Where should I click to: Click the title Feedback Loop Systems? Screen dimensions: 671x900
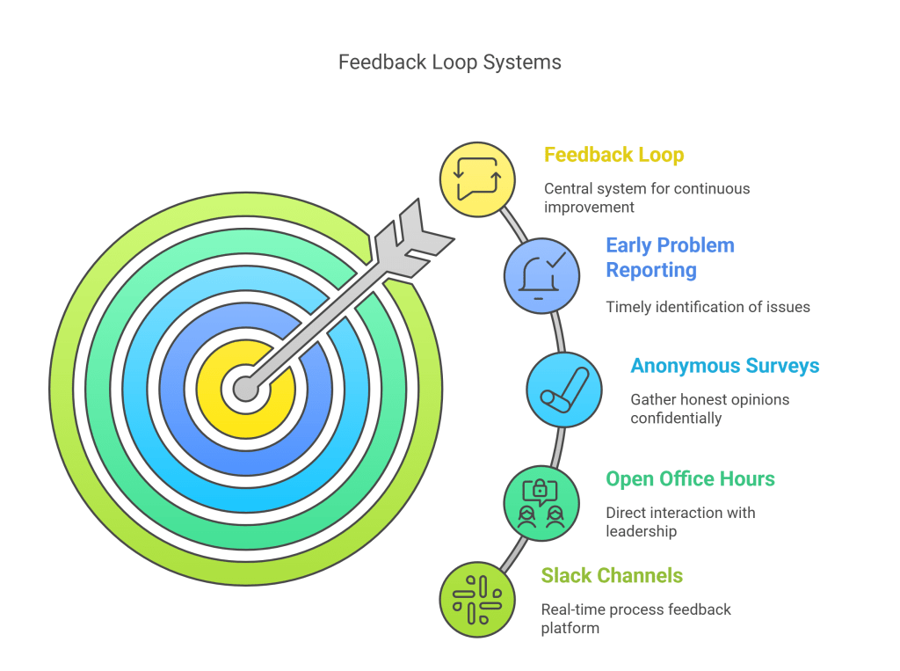(x=449, y=62)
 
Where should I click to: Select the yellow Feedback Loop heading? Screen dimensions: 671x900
(x=613, y=155)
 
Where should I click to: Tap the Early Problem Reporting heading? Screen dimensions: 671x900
(x=670, y=258)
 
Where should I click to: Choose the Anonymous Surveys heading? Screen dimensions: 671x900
(x=724, y=366)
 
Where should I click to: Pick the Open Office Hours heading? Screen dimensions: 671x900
(x=690, y=479)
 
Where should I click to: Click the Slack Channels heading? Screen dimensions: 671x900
(x=612, y=576)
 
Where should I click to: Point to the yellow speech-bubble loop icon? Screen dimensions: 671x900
(x=477, y=179)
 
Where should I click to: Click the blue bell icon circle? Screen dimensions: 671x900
(x=541, y=276)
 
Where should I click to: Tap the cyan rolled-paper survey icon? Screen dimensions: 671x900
(x=564, y=390)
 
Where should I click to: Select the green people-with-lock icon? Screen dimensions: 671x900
(x=541, y=503)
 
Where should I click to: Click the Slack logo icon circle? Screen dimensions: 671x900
(x=477, y=600)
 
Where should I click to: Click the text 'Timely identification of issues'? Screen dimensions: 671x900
(x=708, y=307)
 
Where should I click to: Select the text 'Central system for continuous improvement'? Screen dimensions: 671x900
(x=646, y=198)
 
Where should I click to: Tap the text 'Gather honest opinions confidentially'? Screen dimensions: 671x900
(x=709, y=409)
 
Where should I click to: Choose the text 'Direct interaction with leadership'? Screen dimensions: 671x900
(x=680, y=521)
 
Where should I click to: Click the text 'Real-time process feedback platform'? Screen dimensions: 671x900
(x=635, y=619)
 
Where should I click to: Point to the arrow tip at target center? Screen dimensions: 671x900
(x=245, y=388)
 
